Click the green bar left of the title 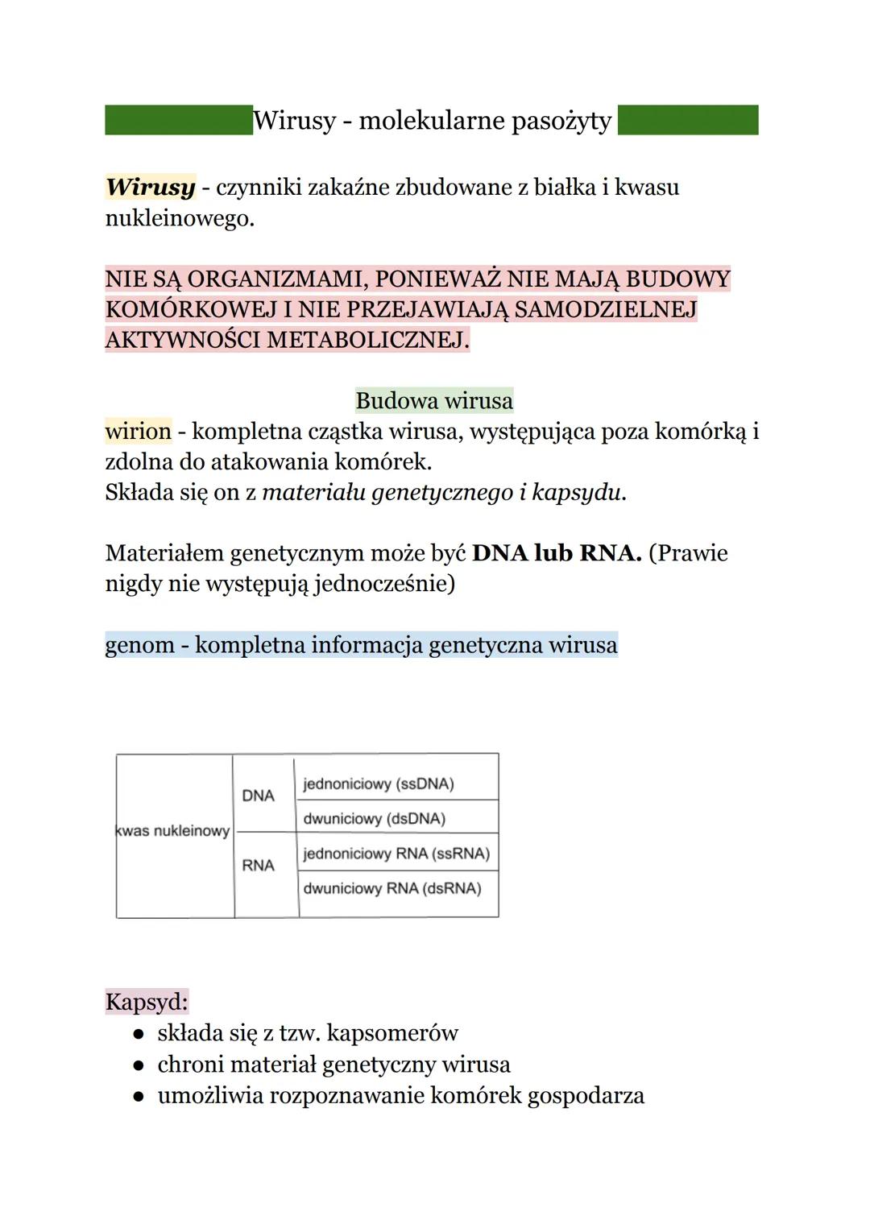click(178, 120)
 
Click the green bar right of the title click(688, 120)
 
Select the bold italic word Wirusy click(151, 187)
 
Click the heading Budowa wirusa click(434, 400)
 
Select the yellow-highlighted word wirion click(139, 431)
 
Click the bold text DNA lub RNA click(557, 553)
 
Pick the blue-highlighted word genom click(140, 645)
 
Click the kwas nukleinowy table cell click(174, 831)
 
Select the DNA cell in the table click(259, 796)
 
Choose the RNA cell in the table click(259, 866)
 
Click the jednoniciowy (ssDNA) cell click(379, 784)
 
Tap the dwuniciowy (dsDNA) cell click(375, 819)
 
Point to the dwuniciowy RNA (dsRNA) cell click(392, 888)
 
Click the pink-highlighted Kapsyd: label click(147, 1002)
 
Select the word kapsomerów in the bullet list click(392, 1033)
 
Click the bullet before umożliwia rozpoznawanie click(139, 1096)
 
